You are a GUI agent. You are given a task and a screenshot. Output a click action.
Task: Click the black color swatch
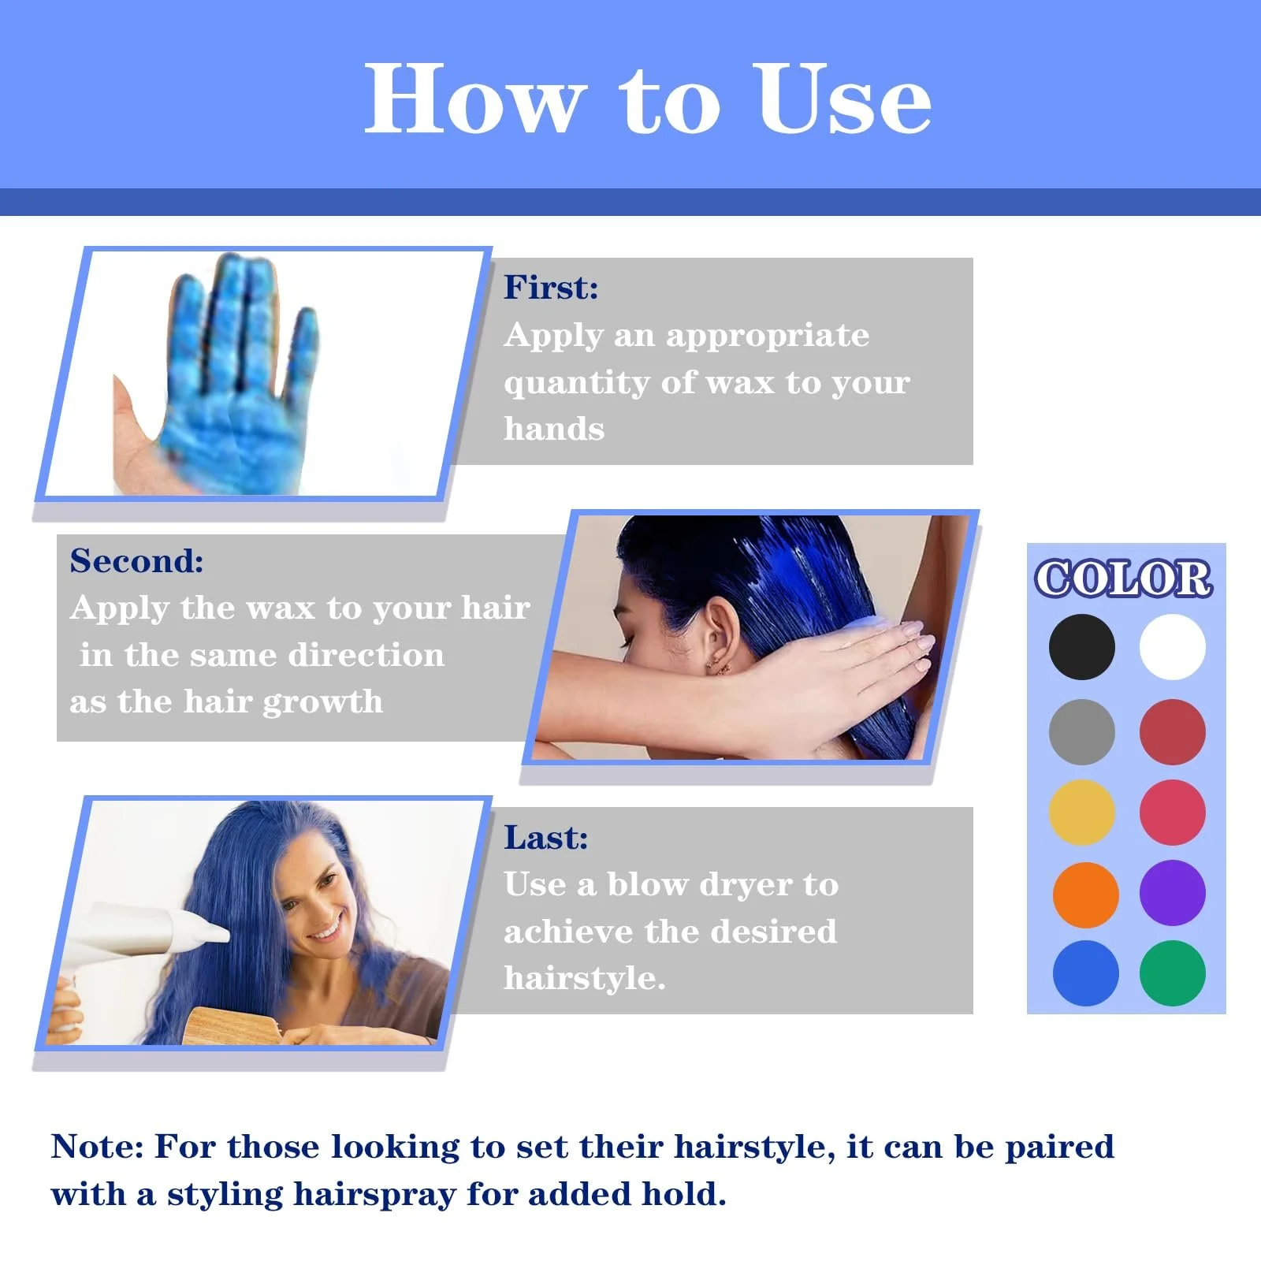[x=1081, y=647]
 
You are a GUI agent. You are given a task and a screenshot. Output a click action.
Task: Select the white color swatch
[x=1172, y=647]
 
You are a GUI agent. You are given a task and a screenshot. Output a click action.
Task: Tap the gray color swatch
[x=1081, y=732]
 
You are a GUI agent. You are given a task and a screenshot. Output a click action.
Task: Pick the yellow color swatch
[x=1081, y=813]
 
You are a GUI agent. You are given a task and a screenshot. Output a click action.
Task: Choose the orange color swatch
[x=1085, y=895]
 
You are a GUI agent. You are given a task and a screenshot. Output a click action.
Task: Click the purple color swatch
[x=1172, y=893]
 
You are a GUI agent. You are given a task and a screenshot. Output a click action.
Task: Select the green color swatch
[x=1172, y=973]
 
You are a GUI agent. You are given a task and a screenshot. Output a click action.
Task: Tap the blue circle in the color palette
[x=1085, y=973]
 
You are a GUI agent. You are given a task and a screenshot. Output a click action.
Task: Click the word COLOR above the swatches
[x=1123, y=579]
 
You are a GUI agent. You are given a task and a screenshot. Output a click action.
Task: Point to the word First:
[x=551, y=288]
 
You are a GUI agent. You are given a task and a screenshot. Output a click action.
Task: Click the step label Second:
[x=136, y=561]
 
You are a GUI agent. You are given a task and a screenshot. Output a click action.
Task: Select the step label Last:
[x=545, y=838]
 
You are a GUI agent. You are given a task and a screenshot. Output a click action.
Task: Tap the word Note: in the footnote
[x=97, y=1147]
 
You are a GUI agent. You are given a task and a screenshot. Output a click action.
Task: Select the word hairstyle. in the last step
[x=584, y=979]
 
